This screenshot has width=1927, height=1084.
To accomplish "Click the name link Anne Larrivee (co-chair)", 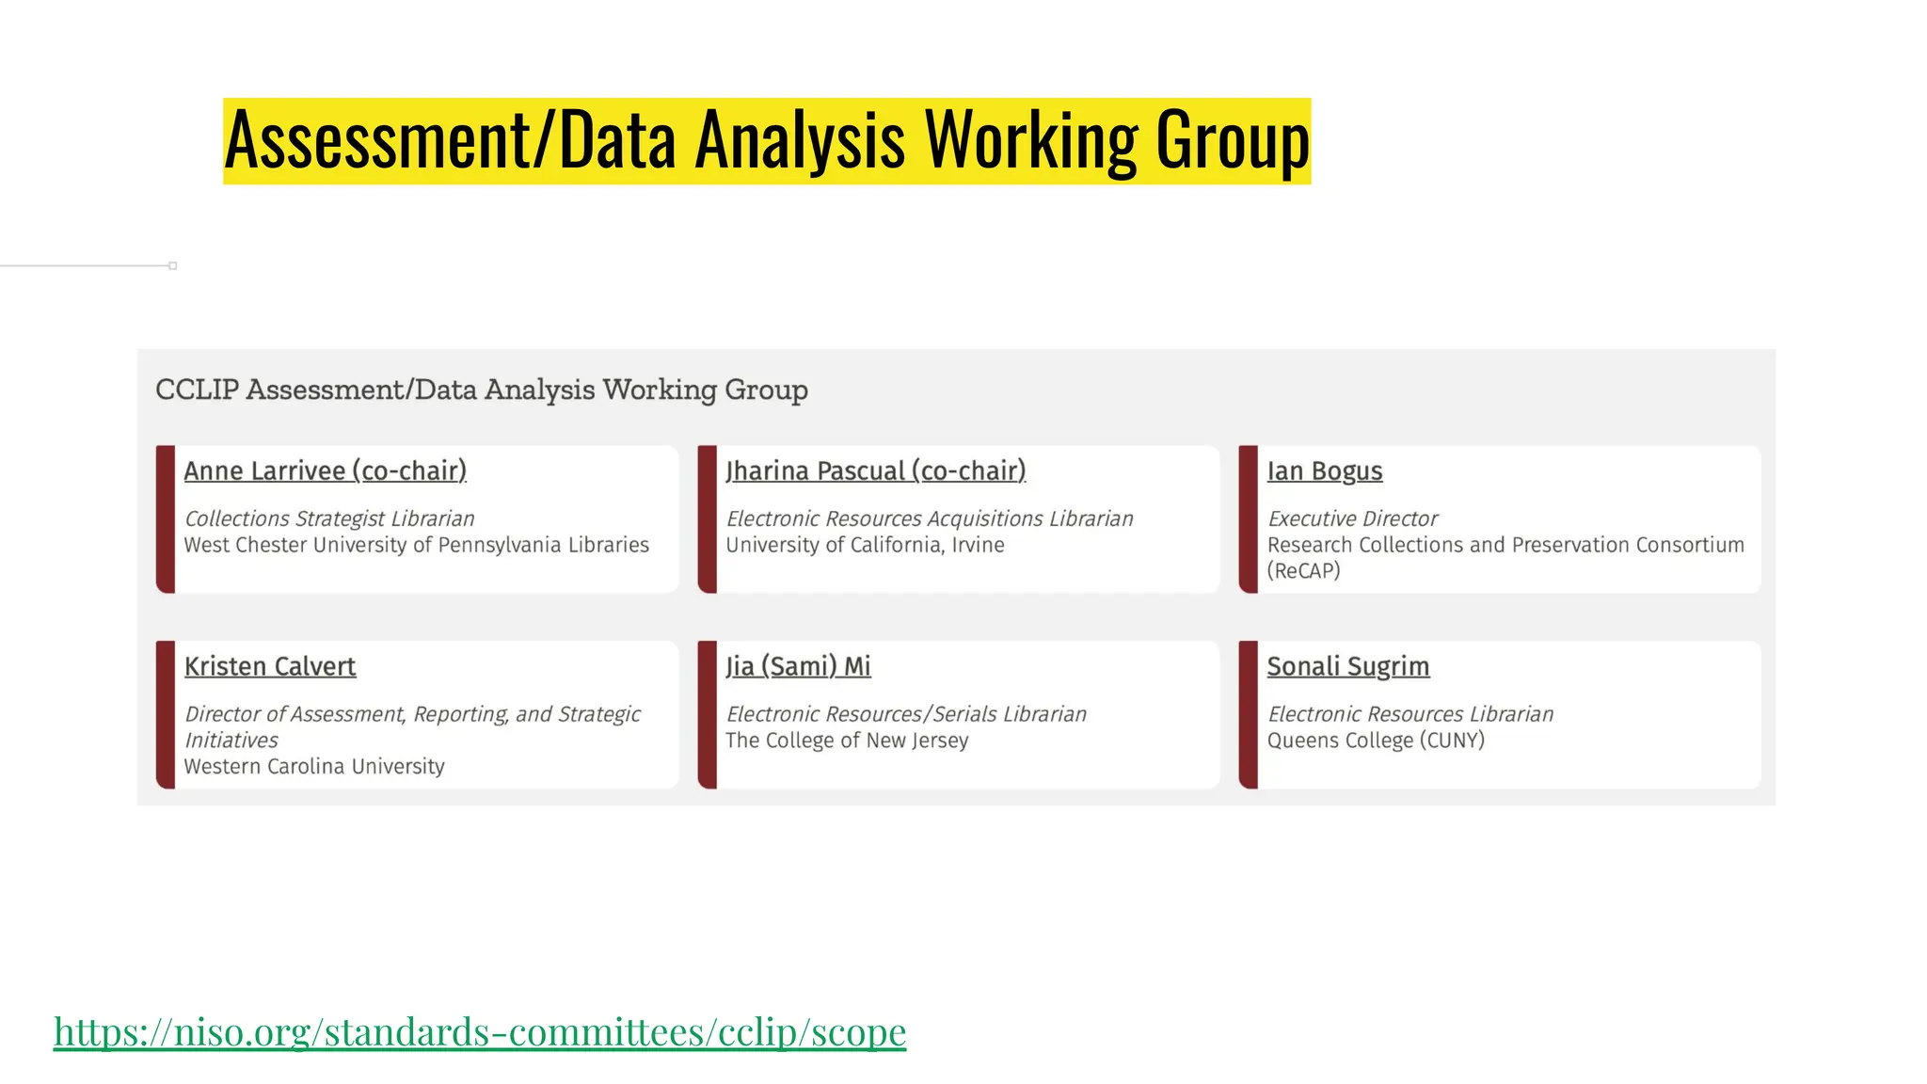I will [325, 470].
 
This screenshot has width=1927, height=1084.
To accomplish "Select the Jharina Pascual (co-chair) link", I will [875, 470].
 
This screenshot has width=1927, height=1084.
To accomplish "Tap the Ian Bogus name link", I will [1324, 470].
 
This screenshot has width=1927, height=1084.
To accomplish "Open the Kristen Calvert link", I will [270, 666].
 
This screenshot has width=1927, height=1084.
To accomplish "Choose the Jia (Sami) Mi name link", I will [798, 666].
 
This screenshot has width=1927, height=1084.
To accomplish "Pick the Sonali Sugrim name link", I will [1347, 666].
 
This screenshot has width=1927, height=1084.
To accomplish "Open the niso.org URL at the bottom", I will [480, 1031].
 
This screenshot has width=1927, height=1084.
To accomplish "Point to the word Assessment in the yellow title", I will [376, 141].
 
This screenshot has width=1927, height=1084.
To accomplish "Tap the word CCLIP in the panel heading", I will [197, 390].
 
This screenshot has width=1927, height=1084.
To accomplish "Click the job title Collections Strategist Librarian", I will [329, 518].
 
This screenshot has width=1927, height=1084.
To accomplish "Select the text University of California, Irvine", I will [865, 545].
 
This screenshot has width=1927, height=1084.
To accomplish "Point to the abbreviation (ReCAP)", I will [1303, 570].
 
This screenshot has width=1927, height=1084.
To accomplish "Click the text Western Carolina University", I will [314, 766].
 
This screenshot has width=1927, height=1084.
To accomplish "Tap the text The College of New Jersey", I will [847, 741].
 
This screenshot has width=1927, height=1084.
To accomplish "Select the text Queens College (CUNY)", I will [1376, 741].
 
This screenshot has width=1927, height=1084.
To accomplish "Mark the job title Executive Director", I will [1352, 518].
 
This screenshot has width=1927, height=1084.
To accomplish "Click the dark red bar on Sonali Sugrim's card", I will [1248, 715].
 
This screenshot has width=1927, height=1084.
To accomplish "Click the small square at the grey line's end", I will [173, 266].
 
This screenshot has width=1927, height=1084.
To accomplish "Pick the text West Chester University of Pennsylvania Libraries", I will [416, 545].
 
